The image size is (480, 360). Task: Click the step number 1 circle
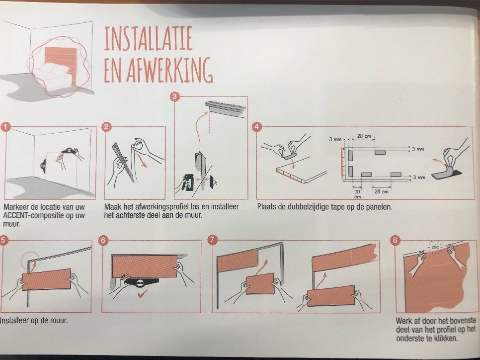pos(5,127)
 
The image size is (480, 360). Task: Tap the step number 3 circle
pos(174,97)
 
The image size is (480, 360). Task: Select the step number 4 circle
pos(257,127)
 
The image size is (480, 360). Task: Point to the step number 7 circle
pos(212,240)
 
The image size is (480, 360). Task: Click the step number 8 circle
pos(395,240)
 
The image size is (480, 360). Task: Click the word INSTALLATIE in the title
pos(148,38)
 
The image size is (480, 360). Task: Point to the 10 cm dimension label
pos(357,194)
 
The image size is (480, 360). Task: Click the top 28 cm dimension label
pos(364,136)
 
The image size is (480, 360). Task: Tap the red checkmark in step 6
pos(142,294)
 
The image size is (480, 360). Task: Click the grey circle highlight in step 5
pos(30,260)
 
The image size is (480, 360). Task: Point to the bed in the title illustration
pos(52,75)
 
